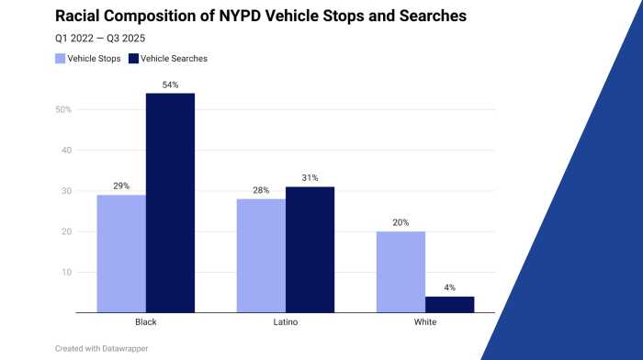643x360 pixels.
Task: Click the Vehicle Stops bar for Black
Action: [x=121, y=253]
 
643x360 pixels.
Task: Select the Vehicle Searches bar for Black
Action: [x=170, y=203]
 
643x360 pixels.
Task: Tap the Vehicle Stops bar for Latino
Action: [x=261, y=255]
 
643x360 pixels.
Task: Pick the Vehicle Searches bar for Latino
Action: [x=310, y=249]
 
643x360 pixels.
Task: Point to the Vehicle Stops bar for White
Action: [x=400, y=272]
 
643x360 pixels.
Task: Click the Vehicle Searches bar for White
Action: [x=449, y=304]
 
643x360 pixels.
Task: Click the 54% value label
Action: [x=170, y=84]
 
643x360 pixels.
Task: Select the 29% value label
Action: [x=121, y=186]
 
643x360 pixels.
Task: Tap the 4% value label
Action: [x=449, y=287]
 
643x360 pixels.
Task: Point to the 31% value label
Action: [x=310, y=178]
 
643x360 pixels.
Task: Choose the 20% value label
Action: [x=400, y=222]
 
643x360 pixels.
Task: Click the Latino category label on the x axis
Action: [x=286, y=323]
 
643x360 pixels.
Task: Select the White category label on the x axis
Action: [x=424, y=323]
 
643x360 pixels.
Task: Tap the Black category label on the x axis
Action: [x=146, y=323]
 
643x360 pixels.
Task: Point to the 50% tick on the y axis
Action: [x=63, y=110]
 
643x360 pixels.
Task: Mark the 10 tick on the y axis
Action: [x=66, y=273]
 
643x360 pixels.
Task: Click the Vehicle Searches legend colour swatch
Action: [x=134, y=59]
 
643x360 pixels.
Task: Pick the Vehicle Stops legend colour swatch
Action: [x=61, y=59]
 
